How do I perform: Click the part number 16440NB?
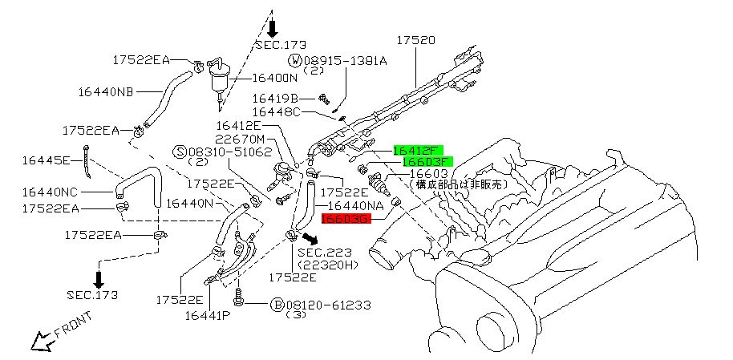(105, 92)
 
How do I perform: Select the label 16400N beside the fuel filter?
(275, 78)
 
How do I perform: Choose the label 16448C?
(276, 112)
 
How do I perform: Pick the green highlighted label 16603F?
(427, 161)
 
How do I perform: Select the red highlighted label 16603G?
(346, 218)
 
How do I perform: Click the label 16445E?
(46, 160)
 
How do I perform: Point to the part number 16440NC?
(50, 192)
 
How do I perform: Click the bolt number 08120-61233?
(326, 305)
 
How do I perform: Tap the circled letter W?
(295, 61)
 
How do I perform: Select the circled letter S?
(181, 151)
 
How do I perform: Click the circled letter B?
(277, 305)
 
